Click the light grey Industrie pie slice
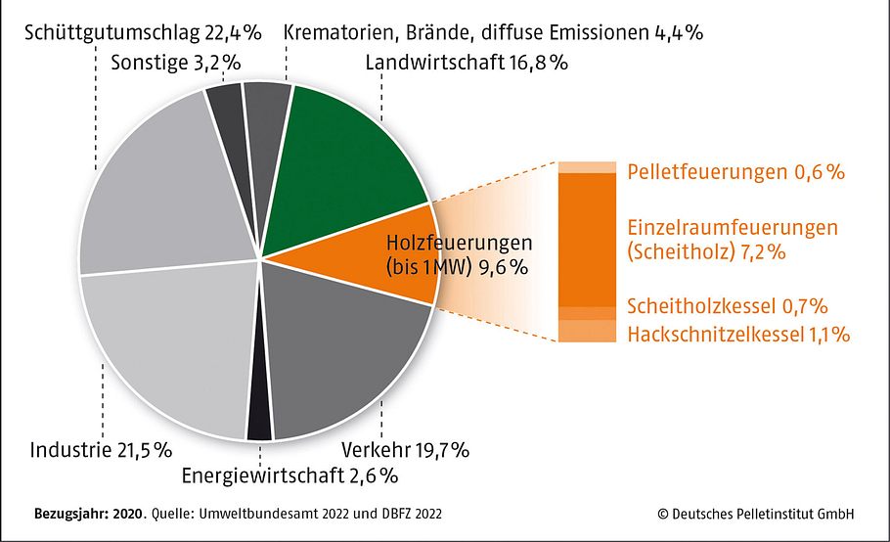click(x=166, y=352)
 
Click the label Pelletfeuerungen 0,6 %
click(x=734, y=172)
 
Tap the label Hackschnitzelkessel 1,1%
click(x=738, y=335)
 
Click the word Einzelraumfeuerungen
click(x=732, y=228)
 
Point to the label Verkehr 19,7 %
click(x=405, y=451)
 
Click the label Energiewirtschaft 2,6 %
click(x=289, y=476)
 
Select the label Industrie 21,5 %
click(x=102, y=451)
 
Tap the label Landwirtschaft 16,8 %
click(x=467, y=64)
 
